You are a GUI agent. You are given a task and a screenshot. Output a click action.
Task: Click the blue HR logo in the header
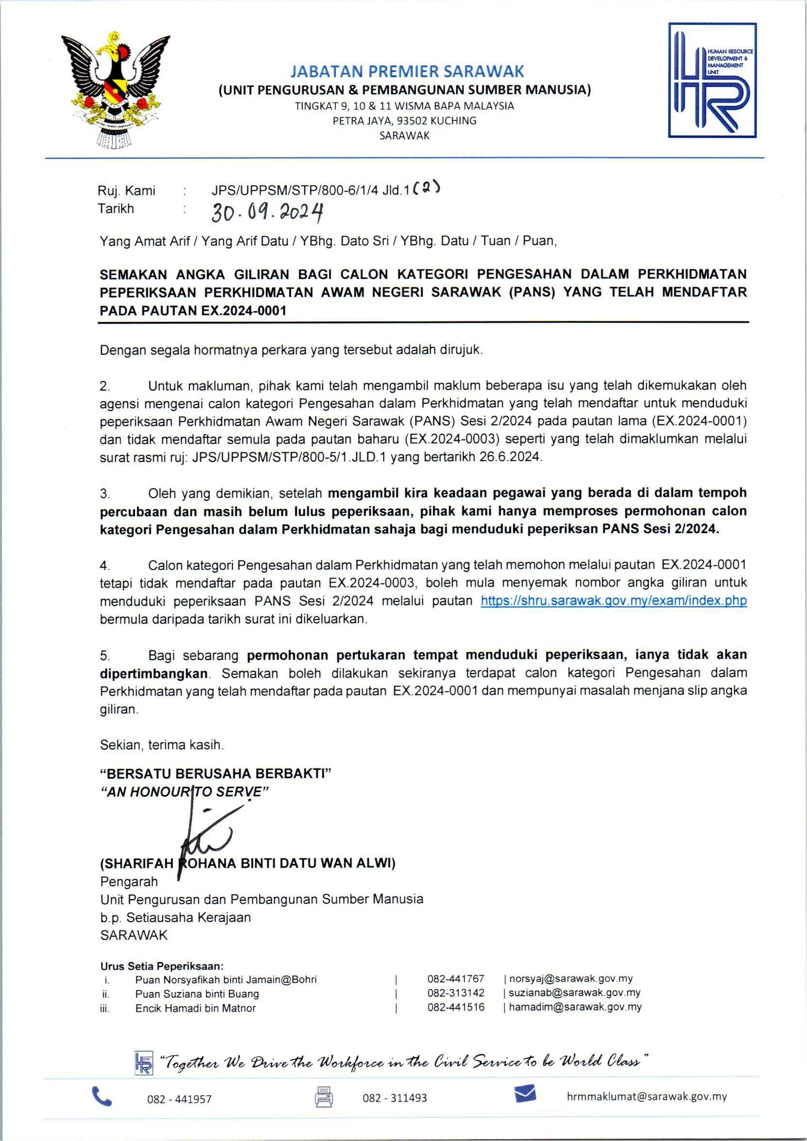pos(712,80)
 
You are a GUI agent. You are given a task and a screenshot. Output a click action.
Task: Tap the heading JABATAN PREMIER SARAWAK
pos(407,71)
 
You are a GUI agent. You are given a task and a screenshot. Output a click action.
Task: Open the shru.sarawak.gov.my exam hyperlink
pos(614,601)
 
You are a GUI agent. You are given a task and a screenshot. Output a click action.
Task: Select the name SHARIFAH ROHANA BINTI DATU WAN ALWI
pos(248,863)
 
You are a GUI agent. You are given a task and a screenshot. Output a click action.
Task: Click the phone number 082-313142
pos(456,993)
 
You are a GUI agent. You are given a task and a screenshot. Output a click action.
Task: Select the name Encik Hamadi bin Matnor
pos(195,1008)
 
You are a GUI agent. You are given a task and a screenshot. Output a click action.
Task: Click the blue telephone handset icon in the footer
pos(102,1096)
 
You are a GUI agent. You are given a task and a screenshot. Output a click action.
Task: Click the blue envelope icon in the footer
pos(525,1094)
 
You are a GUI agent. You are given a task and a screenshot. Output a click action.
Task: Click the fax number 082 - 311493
pos(395,1098)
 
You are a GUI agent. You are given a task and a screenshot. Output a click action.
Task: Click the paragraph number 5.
pos(104,656)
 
